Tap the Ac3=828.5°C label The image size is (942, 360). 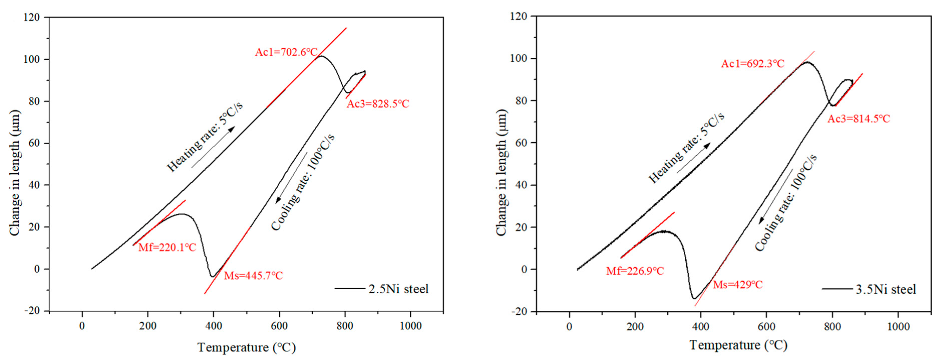point(378,104)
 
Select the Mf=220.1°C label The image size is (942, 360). point(167,248)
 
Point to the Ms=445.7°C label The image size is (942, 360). point(253,276)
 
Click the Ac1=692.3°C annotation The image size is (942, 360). point(752,64)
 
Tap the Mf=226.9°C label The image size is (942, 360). point(635,271)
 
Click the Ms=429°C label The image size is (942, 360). point(737,285)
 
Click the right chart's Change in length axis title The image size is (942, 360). point(501,172)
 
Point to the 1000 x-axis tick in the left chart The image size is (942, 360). point(410,326)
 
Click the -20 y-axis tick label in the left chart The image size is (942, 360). point(32,311)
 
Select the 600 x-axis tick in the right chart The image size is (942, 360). point(766,326)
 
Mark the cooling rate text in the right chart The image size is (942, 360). point(786,203)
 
